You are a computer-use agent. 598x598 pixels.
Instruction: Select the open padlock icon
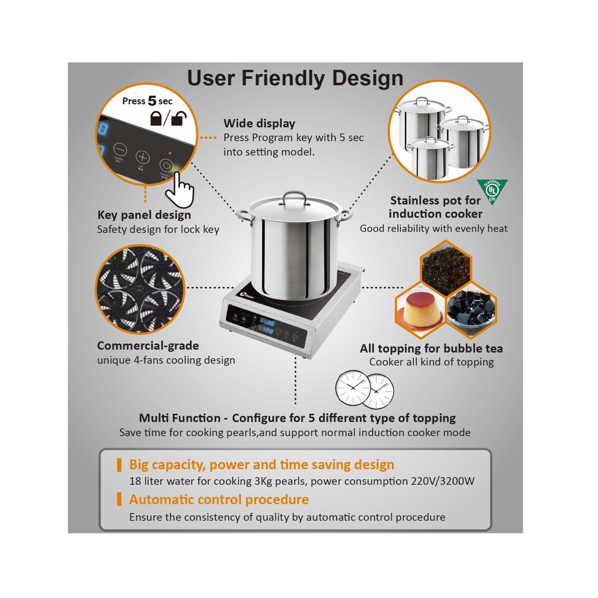179,118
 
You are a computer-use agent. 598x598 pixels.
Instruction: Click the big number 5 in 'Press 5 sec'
152,101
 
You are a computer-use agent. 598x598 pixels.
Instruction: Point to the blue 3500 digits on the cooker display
267,322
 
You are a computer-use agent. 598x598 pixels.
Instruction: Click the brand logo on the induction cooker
247,296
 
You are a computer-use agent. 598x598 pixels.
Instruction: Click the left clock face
353,387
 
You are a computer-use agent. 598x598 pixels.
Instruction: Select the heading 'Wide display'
259,123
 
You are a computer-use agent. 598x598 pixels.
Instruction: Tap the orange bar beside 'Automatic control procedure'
119,500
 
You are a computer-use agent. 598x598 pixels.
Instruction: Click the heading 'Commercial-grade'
148,346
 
